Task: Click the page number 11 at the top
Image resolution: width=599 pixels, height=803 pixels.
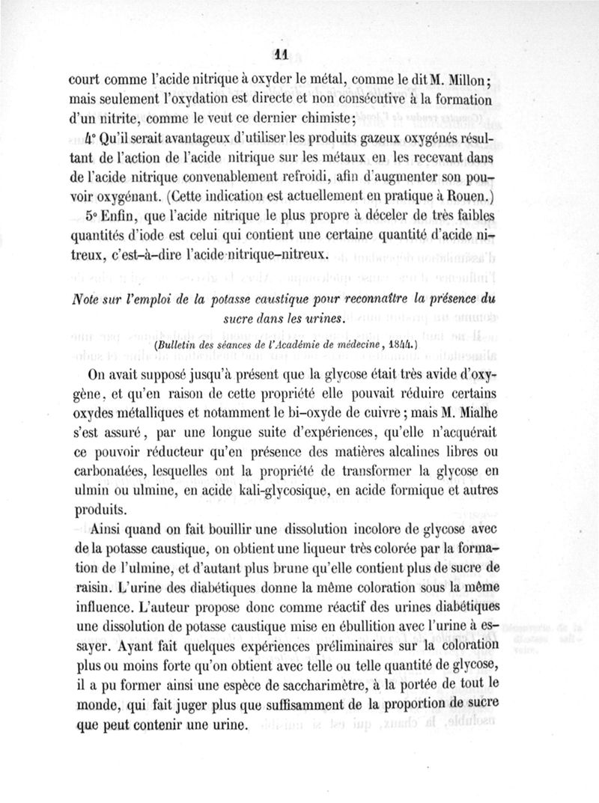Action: pos(282,52)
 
